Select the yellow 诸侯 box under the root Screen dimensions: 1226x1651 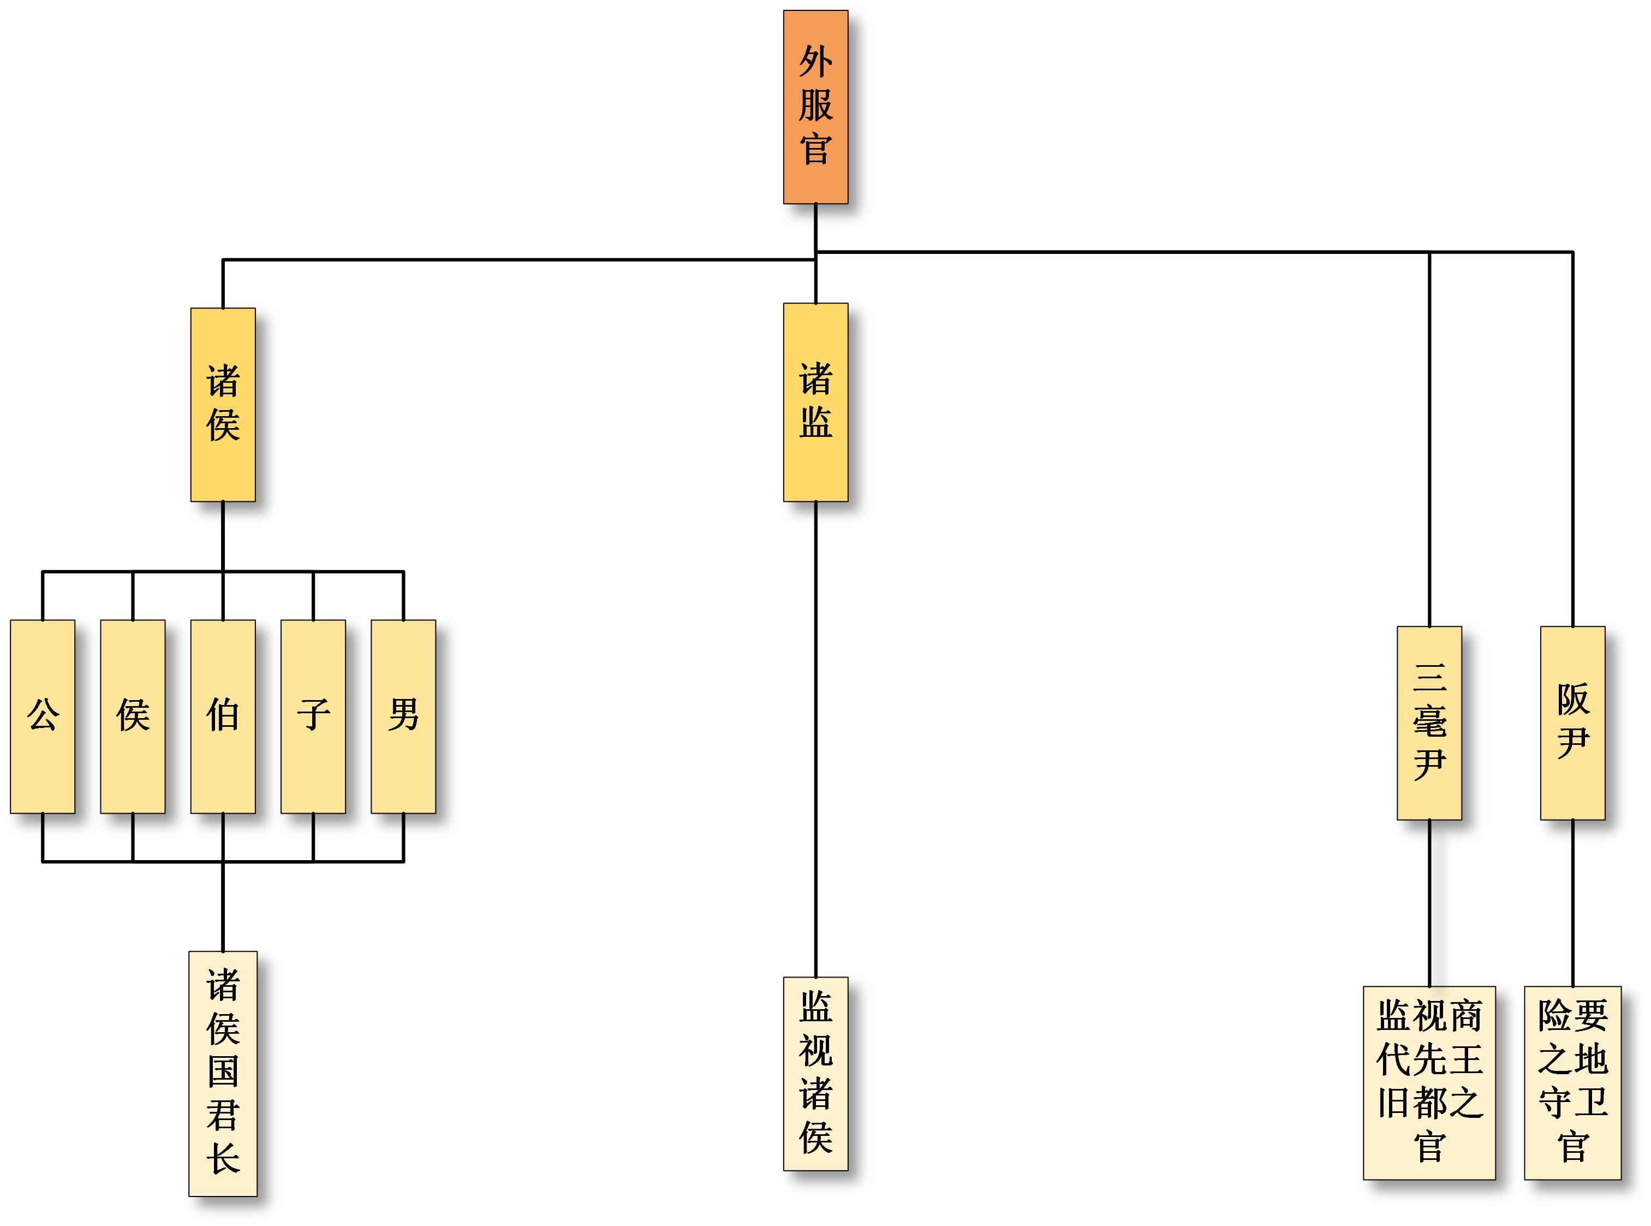click(x=223, y=405)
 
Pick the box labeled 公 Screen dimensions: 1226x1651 click(x=42, y=716)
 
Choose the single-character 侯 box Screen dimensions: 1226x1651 click(x=133, y=716)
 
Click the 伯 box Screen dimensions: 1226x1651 click(x=223, y=716)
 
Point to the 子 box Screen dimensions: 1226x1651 click(x=313, y=716)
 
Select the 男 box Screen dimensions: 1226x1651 click(x=403, y=716)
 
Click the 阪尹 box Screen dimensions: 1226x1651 click(x=1572, y=723)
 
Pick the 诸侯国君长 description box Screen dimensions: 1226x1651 click(x=223, y=1073)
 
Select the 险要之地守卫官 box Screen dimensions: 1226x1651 click(x=1572, y=1082)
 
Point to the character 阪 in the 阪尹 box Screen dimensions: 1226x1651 click(x=1572, y=699)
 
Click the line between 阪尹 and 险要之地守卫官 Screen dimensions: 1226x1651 click(x=1572, y=902)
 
